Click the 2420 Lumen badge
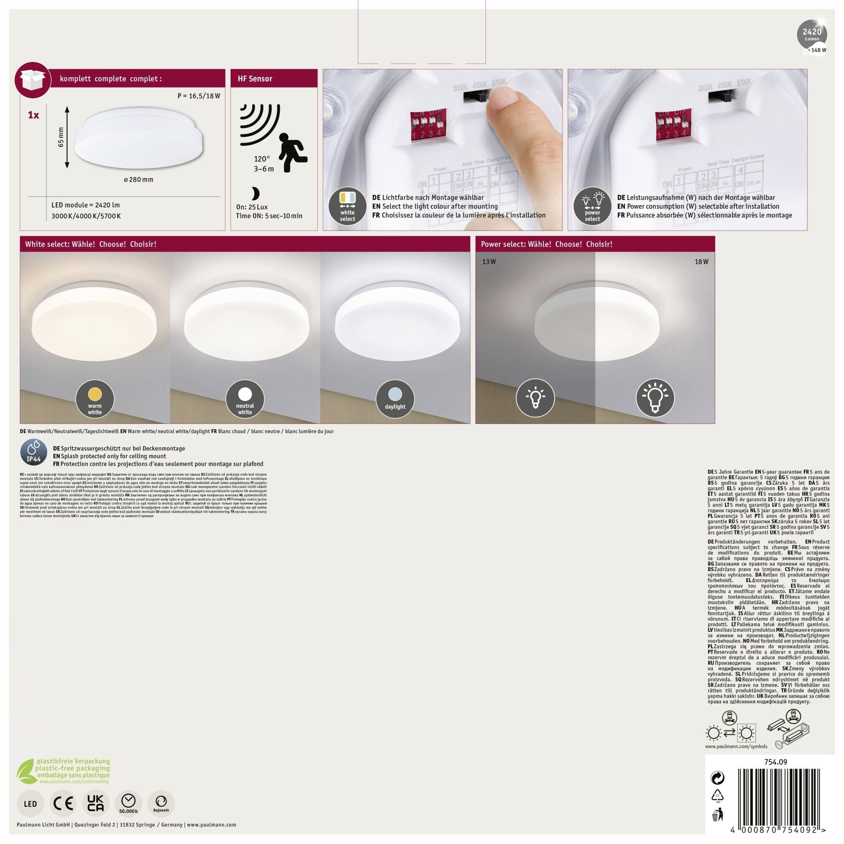coord(811,34)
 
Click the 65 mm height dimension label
coord(61,137)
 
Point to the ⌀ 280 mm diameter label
coord(138,179)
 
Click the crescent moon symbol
coord(255,194)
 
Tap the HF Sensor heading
coord(255,78)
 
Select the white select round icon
coord(347,207)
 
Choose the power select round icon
coord(592,207)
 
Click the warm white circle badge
coord(95,399)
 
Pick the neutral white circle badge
coord(245,399)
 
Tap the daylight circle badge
coord(395,399)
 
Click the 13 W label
coord(488,262)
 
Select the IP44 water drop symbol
coord(34,453)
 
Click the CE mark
coord(63,803)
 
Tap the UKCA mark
coord(96,803)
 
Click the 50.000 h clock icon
coord(128,803)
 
